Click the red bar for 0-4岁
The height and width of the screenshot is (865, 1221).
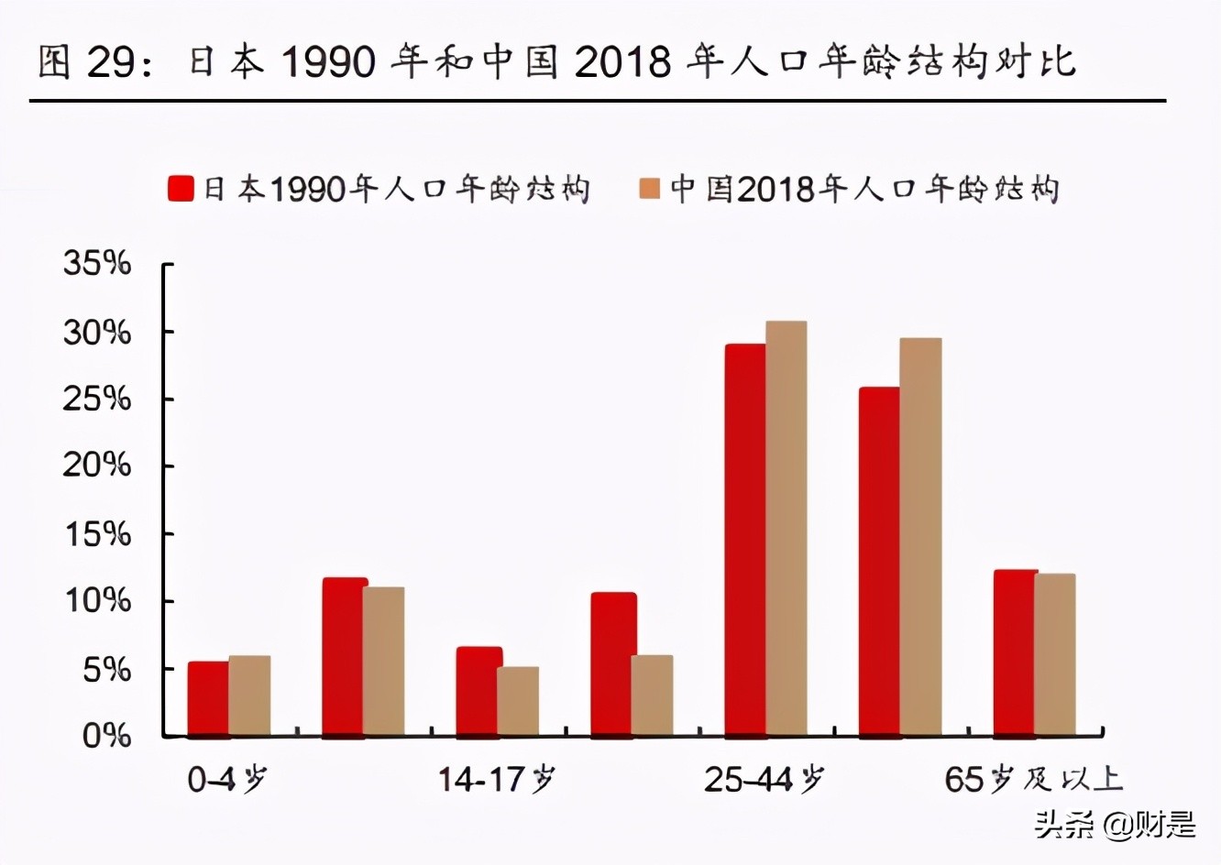pos(208,698)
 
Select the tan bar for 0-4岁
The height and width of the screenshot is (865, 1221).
pos(249,695)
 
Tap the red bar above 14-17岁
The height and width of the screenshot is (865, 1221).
pos(478,691)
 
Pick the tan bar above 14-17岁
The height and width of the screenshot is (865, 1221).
pos(518,701)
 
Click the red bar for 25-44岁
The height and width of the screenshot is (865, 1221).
pos(745,540)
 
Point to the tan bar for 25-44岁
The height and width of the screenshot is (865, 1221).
pos(786,528)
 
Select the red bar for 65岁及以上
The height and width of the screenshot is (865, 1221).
pos(1014,652)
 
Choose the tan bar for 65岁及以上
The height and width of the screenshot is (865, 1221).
pos(1055,654)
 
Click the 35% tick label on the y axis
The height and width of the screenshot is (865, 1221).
pos(97,264)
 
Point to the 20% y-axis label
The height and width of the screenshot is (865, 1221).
pos(97,465)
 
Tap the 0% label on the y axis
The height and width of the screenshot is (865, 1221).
pos(106,736)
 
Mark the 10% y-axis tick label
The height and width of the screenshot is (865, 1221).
pos(97,601)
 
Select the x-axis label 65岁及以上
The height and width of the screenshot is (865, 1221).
pos(1033,780)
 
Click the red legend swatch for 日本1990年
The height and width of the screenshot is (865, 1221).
pos(181,189)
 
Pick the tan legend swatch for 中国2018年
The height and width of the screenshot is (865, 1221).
pos(649,189)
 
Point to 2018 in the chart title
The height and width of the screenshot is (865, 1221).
pos(621,62)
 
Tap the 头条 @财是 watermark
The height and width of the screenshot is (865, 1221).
pos(1116,824)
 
